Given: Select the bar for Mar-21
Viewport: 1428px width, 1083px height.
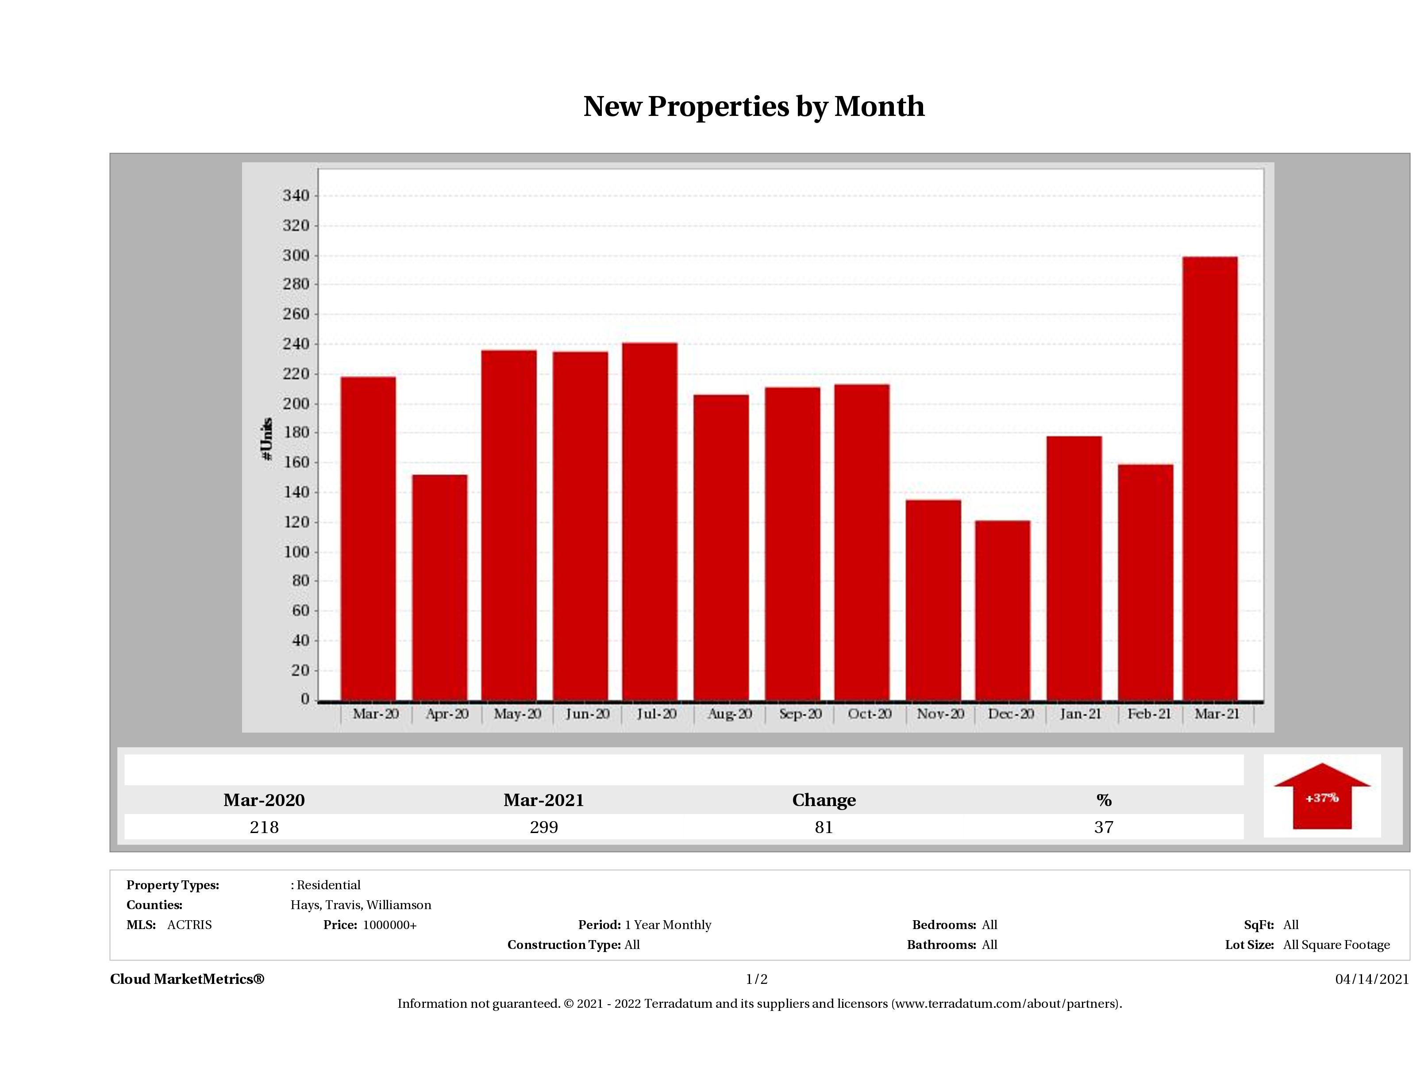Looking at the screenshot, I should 1210,478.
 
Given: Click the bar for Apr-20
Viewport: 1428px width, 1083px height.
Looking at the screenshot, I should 439,588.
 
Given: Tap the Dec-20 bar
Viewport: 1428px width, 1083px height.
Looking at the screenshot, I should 1003,610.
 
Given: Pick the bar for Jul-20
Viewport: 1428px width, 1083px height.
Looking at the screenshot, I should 650,522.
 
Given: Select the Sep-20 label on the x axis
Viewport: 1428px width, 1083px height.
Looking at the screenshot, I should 800,714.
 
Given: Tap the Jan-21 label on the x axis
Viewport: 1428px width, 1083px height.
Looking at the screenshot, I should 1080,714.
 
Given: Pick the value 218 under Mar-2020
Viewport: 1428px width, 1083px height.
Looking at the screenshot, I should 264,827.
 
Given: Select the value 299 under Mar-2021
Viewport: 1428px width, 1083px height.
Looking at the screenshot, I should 543,827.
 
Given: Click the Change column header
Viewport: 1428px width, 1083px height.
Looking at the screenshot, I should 824,800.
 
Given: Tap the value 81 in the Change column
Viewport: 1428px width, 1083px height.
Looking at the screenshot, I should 824,827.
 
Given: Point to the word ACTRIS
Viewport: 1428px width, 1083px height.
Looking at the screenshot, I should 189,925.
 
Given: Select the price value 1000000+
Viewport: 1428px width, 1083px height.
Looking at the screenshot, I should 389,925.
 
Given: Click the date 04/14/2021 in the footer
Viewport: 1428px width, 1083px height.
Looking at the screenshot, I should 1372,979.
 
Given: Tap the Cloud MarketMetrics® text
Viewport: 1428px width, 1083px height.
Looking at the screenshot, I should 187,979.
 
